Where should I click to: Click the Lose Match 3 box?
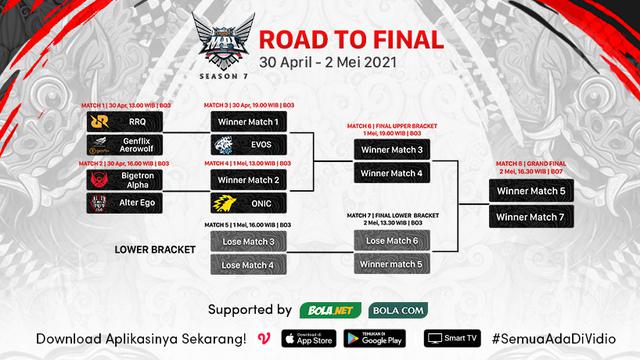247,241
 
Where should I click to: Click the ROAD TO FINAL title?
349,41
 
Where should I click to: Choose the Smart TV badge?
447,337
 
